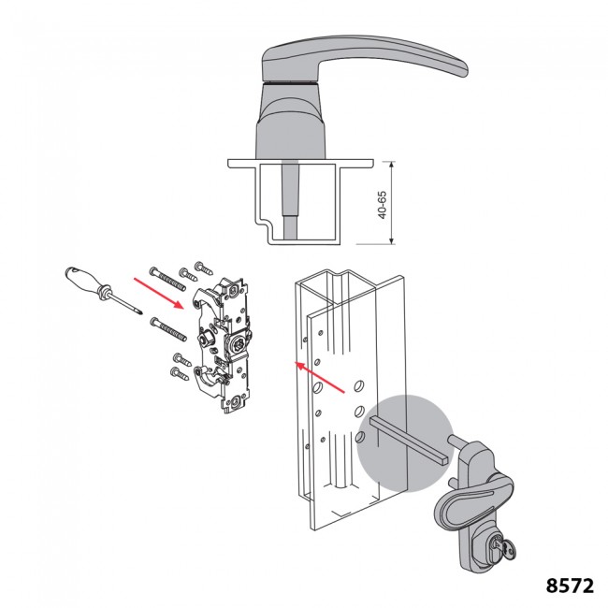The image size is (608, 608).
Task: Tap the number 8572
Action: click(569, 586)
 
